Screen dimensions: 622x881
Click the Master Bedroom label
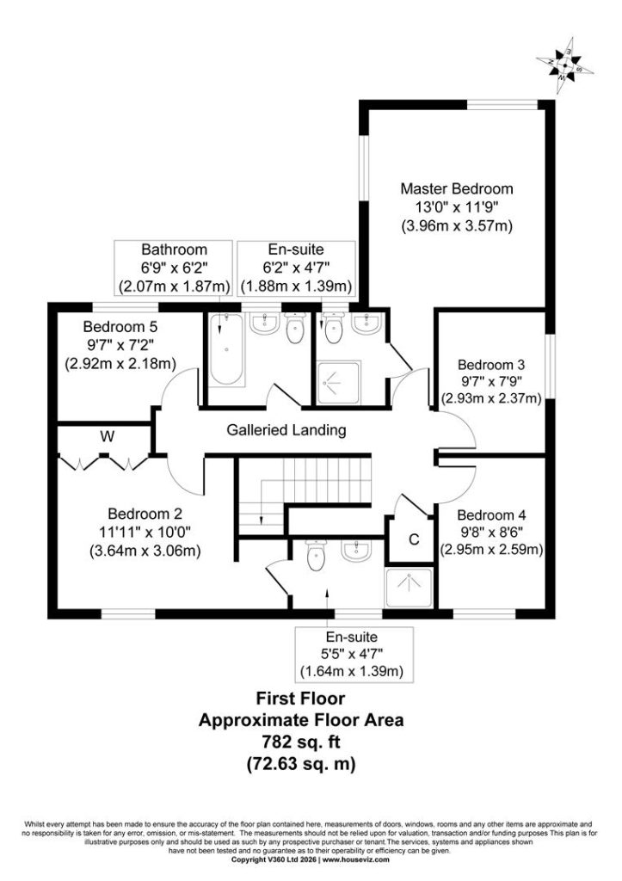tap(456, 188)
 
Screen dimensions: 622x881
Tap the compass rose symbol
tap(564, 65)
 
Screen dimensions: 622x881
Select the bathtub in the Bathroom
tap(226, 350)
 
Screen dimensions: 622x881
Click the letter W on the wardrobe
tap(108, 436)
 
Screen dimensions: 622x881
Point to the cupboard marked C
tap(414, 539)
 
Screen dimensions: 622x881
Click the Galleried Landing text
tap(286, 430)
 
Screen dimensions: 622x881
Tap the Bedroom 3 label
tap(491, 365)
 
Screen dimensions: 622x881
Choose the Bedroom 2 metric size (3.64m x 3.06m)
tap(145, 551)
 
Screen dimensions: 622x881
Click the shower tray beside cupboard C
tap(409, 588)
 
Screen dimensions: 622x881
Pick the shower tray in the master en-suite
tap(339, 383)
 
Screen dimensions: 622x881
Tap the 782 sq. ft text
tap(300, 742)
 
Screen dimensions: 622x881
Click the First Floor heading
tap(300, 699)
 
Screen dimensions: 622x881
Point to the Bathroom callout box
tap(174, 268)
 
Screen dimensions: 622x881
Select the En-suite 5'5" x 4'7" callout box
tap(354, 655)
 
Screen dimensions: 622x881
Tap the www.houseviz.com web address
tap(355, 875)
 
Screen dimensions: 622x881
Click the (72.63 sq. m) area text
tap(300, 764)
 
